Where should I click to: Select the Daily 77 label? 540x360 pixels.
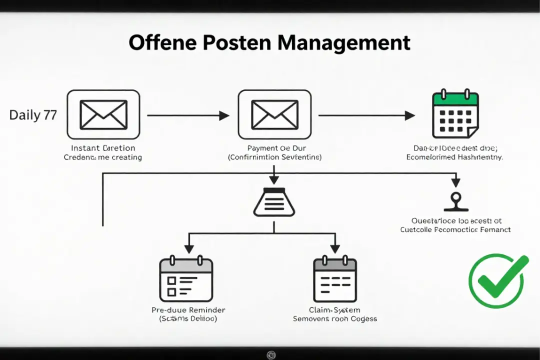tap(33, 115)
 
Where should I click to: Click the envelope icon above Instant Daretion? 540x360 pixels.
tap(103, 114)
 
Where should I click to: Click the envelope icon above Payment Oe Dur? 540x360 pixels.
tap(274, 114)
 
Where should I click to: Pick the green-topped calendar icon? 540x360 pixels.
tap(455, 114)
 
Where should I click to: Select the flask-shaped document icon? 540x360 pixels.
tap(274, 202)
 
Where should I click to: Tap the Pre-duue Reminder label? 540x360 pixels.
tap(188, 310)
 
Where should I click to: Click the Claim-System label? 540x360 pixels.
tap(334, 310)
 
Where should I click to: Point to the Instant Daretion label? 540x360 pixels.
tap(103, 148)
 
